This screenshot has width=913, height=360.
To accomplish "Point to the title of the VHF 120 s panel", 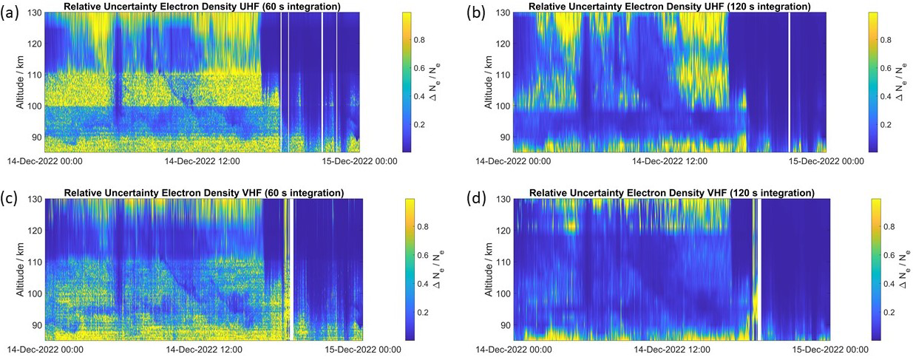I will click(672, 194).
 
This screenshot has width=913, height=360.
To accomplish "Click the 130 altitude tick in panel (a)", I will click(34, 13).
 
